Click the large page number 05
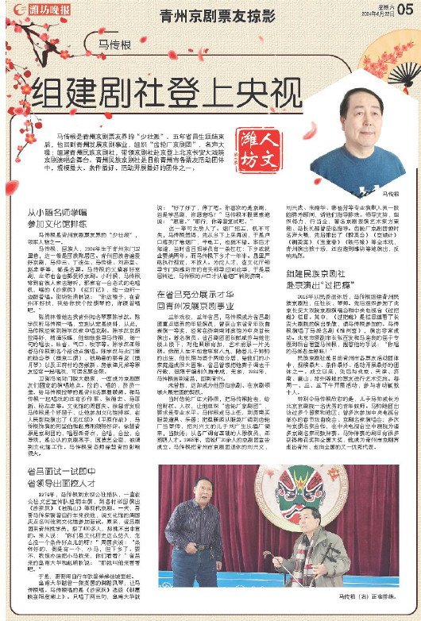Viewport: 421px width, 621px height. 404,9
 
